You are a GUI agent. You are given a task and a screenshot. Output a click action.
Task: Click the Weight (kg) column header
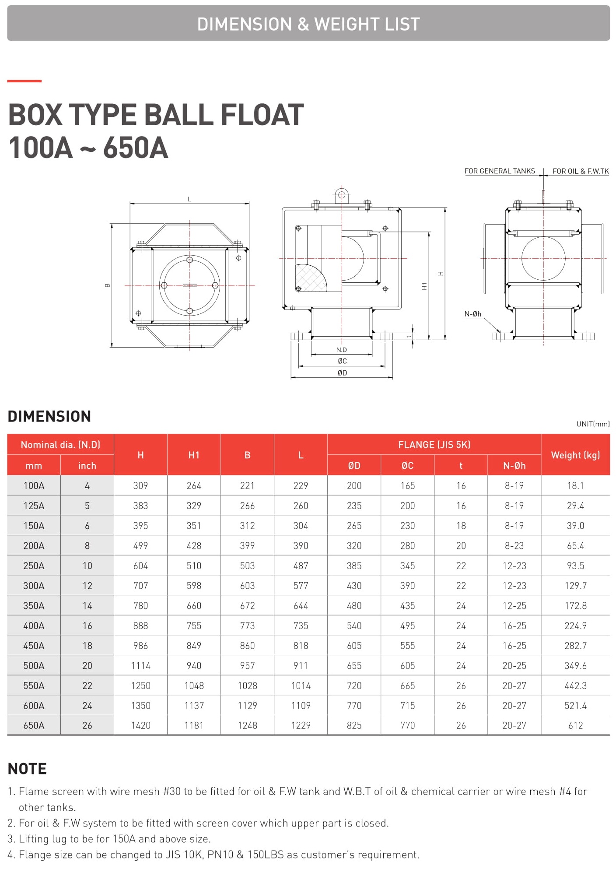click(x=575, y=455)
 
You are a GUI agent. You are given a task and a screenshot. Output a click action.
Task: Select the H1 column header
click(x=194, y=455)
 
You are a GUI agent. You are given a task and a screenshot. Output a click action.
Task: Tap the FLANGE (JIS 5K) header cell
click(x=434, y=445)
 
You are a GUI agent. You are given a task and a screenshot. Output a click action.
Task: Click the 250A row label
click(x=34, y=566)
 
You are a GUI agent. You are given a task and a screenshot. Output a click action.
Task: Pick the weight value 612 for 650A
click(x=575, y=725)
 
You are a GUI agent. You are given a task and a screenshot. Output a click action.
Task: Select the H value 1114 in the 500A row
click(x=140, y=665)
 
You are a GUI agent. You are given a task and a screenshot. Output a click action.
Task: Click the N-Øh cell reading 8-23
click(x=514, y=545)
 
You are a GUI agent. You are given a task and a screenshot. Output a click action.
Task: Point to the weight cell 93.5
click(x=575, y=566)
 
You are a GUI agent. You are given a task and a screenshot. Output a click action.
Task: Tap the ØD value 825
click(x=354, y=725)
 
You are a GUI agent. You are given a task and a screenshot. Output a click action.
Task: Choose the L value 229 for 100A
click(x=301, y=485)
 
